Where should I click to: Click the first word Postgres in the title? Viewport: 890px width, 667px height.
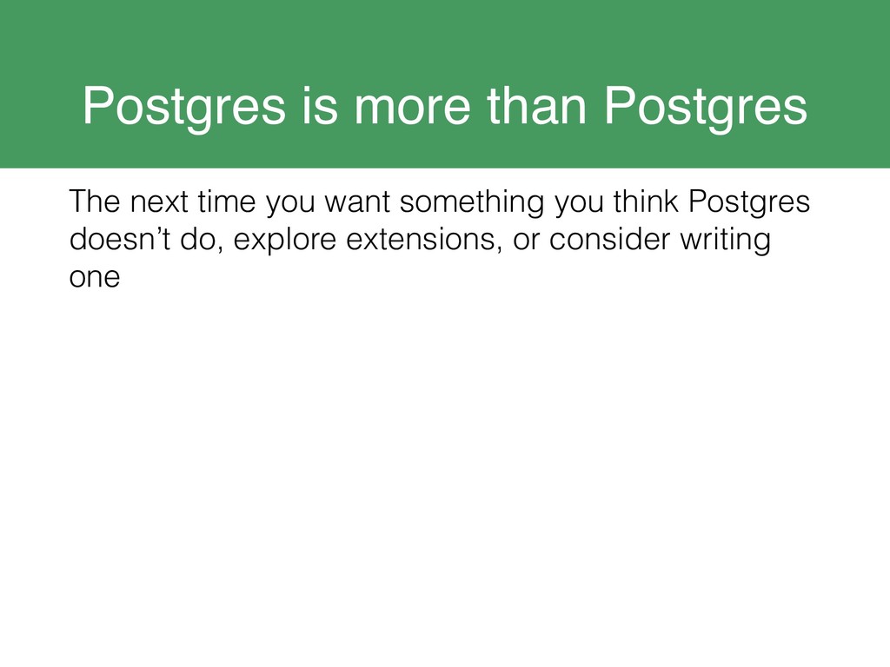tap(184, 109)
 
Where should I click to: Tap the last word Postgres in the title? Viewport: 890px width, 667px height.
tap(705, 109)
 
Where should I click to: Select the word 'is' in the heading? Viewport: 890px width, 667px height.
tap(320, 105)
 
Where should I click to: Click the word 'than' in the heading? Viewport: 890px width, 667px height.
tap(537, 105)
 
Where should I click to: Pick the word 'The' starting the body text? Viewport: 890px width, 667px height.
tap(94, 201)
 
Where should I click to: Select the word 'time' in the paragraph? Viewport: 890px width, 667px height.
tap(227, 201)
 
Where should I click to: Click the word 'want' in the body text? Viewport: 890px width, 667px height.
tap(357, 203)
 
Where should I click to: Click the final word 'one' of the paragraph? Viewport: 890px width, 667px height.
tap(95, 278)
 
